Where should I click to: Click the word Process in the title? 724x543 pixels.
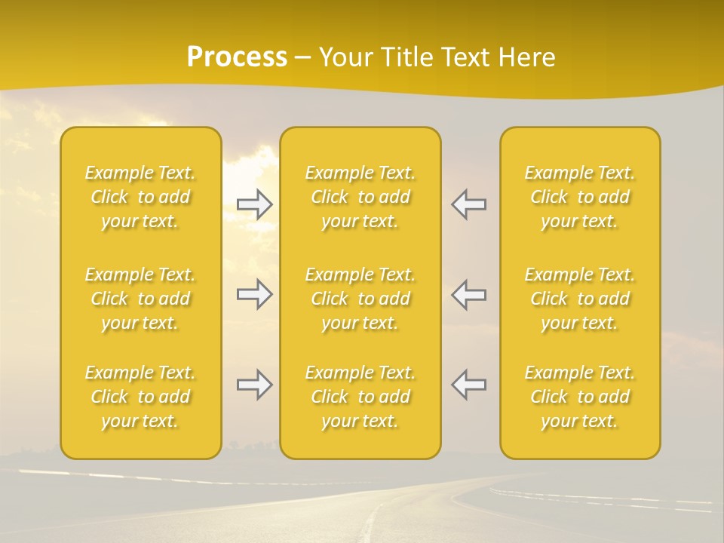(237, 57)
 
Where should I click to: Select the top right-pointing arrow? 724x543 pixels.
(255, 204)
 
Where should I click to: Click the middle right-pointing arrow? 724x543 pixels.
(255, 294)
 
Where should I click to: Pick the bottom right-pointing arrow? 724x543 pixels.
(255, 385)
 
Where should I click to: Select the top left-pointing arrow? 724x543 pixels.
(468, 204)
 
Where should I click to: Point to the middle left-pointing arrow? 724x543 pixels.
(468, 294)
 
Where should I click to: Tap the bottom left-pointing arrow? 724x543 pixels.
(468, 385)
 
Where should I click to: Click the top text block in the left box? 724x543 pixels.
(140, 197)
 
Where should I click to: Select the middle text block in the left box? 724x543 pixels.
(140, 299)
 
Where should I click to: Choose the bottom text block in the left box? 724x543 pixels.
(140, 397)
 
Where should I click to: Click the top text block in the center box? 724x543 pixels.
(360, 197)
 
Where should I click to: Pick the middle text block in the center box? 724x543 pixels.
(360, 299)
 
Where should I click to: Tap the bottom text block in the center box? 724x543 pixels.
(360, 397)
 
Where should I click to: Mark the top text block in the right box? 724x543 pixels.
(580, 197)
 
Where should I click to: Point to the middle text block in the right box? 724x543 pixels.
(580, 299)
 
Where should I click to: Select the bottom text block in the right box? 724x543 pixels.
(580, 397)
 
